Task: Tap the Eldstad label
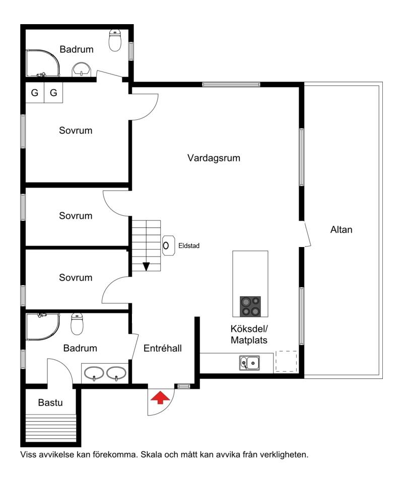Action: click(189, 246)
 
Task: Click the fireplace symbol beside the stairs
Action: click(168, 246)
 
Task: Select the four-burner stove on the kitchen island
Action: click(250, 306)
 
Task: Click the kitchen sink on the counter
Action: click(249, 362)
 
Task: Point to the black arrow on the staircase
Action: click(146, 266)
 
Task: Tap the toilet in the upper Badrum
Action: click(115, 40)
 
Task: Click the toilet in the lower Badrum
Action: click(77, 324)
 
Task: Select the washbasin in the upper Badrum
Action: click(82, 69)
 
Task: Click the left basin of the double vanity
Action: click(94, 373)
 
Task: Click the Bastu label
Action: click(50, 402)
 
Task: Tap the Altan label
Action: click(341, 229)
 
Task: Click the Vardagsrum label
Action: click(214, 158)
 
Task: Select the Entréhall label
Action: click(163, 348)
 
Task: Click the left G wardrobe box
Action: click(35, 92)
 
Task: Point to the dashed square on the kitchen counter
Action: click(286, 361)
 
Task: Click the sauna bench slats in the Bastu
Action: click(50, 429)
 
